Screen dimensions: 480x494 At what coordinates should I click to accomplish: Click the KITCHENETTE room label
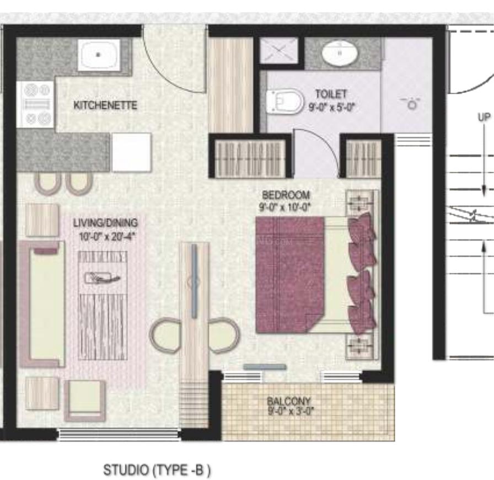(105, 105)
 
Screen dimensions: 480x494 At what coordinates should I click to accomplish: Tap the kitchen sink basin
(98, 54)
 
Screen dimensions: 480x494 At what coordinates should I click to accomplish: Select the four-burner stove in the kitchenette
(37, 104)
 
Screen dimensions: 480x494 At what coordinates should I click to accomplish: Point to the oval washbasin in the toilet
(340, 54)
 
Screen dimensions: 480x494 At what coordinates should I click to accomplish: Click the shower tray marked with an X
(278, 52)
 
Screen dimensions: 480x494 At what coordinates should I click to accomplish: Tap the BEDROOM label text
(286, 195)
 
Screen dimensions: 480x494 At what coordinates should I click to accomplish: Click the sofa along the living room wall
(44, 303)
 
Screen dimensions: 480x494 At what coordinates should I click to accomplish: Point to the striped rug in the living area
(103, 305)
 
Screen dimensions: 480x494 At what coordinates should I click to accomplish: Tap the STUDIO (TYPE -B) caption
(157, 470)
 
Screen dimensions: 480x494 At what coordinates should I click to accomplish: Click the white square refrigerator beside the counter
(131, 152)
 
